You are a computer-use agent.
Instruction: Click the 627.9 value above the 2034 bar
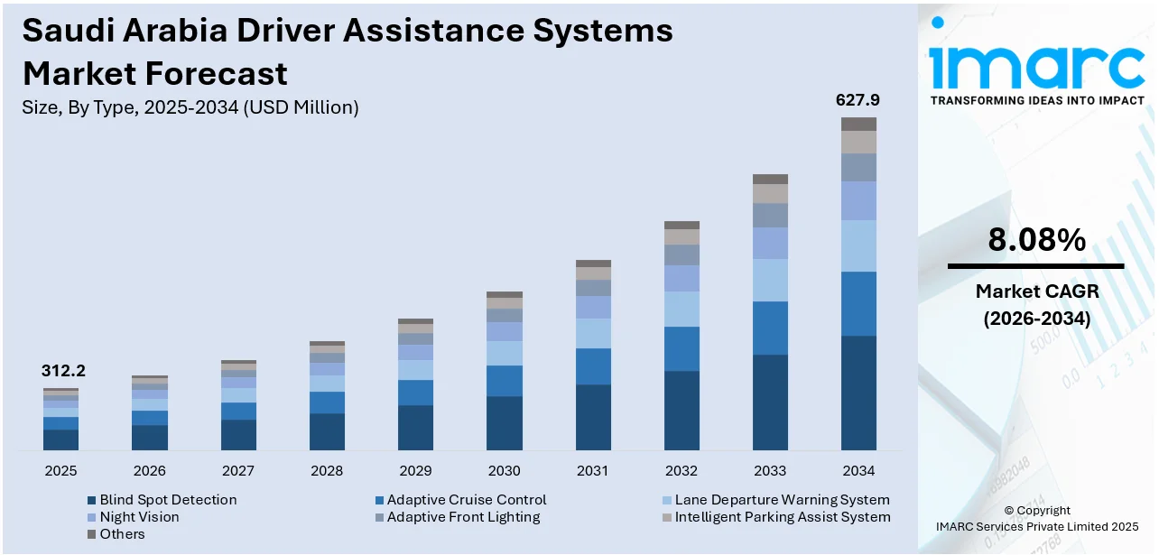pyautogui.click(x=858, y=100)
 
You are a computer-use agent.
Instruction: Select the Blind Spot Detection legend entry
pyautogui.click(x=168, y=500)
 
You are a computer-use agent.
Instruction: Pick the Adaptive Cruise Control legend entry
pyautogui.click(x=467, y=500)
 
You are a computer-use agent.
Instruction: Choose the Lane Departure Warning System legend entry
pyautogui.click(x=782, y=500)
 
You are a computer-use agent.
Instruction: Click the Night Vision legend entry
pyautogui.click(x=139, y=517)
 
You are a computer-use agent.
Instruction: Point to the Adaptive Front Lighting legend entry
pyautogui.click(x=463, y=517)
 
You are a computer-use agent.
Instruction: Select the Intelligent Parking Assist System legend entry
pyautogui.click(x=782, y=517)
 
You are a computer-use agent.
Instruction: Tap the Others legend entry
pyautogui.click(x=122, y=534)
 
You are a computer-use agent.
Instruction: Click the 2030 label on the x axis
pyautogui.click(x=504, y=471)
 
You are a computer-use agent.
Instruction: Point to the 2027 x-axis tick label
pyautogui.click(x=238, y=471)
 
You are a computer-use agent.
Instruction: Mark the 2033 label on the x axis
pyautogui.click(x=770, y=471)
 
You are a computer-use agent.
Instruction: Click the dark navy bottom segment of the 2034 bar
pyautogui.click(x=858, y=393)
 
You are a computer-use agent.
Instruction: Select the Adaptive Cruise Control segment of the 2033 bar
pyautogui.click(x=770, y=328)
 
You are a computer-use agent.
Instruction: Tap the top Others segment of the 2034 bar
pyautogui.click(x=858, y=124)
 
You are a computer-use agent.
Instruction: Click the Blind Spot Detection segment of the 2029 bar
pyautogui.click(x=415, y=427)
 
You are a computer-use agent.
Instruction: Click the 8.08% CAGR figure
pyautogui.click(x=1035, y=240)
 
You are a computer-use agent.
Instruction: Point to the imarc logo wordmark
pyautogui.click(x=1035, y=65)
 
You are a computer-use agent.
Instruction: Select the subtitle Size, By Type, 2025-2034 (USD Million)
pyautogui.click(x=190, y=107)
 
